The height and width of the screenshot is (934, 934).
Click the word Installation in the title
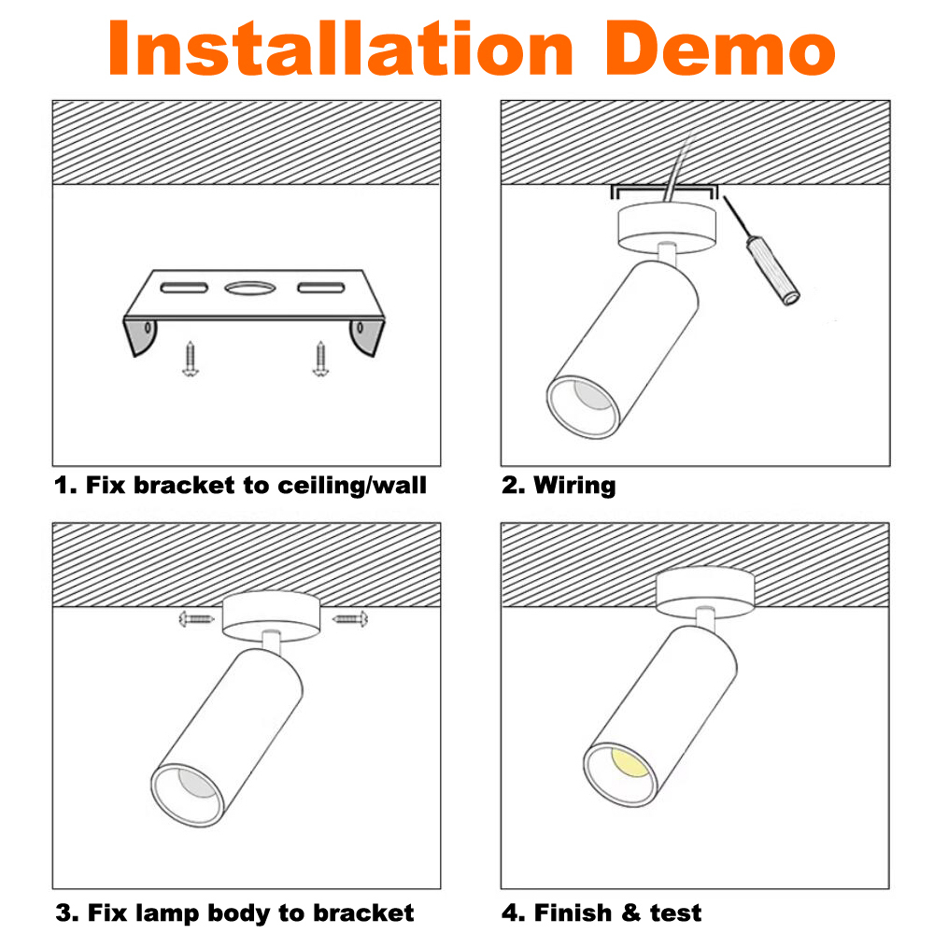[340, 48]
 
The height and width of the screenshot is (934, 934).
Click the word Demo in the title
[720, 48]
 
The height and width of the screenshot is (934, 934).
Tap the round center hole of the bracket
[250, 289]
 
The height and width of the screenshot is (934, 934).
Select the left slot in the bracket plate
[184, 288]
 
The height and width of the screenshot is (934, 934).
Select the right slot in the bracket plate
[321, 288]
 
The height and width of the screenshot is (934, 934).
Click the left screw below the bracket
[191, 359]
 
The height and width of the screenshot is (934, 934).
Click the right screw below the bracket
[320, 359]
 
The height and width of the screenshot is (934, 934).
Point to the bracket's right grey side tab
[366, 336]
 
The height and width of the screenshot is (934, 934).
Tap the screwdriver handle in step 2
[772, 271]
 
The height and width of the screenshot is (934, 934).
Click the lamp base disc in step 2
[666, 227]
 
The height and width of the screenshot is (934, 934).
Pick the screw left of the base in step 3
[196, 619]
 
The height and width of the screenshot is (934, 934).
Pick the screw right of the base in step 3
[350, 619]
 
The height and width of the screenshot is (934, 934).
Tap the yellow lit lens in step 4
[630, 762]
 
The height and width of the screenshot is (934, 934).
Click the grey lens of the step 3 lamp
[196, 783]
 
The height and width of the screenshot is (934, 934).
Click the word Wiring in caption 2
[574, 486]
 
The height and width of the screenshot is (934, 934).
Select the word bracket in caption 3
[363, 913]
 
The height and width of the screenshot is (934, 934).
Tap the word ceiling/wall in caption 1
[352, 486]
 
